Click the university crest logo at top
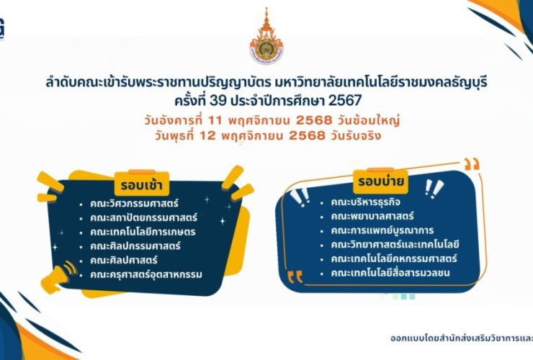[266, 37]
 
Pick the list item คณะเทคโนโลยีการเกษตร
[138, 231]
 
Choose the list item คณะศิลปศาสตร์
[124, 260]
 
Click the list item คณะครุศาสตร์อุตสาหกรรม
[146, 274]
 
